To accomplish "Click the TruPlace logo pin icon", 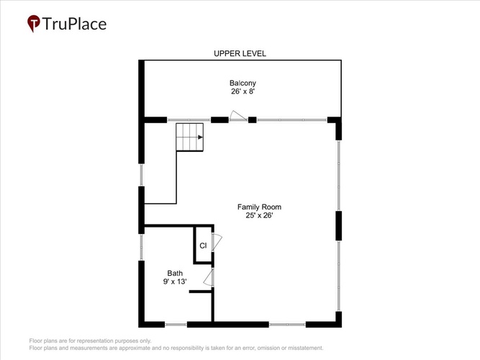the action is pyautogui.click(x=34, y=23).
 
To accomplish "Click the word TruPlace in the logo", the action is pyautogui.click(x=74, y=24).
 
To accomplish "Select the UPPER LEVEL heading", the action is pyautogui.click(x=240, y=53).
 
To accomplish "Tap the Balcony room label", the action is pyautogui.click(x=243, y=83).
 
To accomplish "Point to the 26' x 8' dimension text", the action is pyautogui.click(x=243, y=91).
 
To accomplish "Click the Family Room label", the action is pyautogui.click(x=259, y=207).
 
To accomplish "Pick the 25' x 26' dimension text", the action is pyautogui.click(x=259, y=215).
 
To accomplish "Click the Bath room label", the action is pyautogui.click(x=175, y=273).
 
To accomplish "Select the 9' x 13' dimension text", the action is pyautogui.click(x=175, y=282).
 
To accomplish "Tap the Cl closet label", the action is pyautogui.click(x=203, y=246).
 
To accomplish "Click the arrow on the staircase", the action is pyautogui.click(x=200, y=138).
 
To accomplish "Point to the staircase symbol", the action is pyautogui.click(x=190, y=137).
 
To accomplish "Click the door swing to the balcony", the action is pyautogui.click(x=238, y=115).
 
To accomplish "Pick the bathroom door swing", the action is pyautogui.click(x=208, y=278).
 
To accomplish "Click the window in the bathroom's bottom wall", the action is pyautogui.click(x=176, y=324).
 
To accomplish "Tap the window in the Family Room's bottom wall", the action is pyautogui.click(x=287, y=324).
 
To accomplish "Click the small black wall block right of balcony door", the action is pyautogui.click(x=253, y=120).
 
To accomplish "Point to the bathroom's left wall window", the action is pyautogui.click(x=142, y=248).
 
